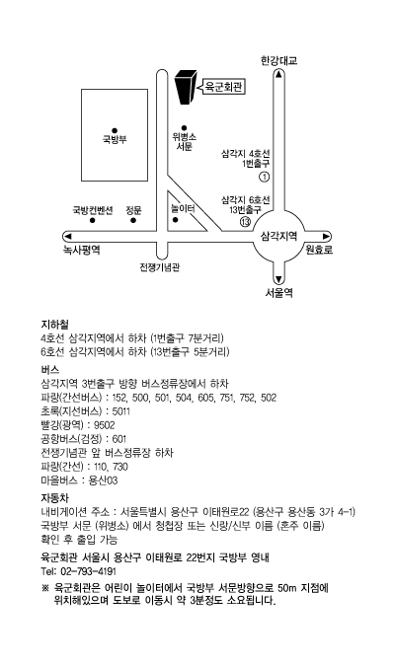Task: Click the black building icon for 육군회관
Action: click(186, 87)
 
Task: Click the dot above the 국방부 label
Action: click(115, 130)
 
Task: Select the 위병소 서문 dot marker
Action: click(184, 127)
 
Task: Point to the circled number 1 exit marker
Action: click(265, 177)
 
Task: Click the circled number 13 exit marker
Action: click(246, 221)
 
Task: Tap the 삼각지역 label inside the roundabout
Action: click(278, 236)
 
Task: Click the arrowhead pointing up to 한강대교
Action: click(278, 74)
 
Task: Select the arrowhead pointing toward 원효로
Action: click(326, 236)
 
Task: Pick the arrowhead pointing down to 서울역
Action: click(278, 279)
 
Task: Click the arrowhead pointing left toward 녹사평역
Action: click(67, 236)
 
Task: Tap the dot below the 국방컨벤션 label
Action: click(92, 220)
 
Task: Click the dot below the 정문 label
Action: click(133, 220)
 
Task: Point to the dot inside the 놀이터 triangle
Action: click(175, 220)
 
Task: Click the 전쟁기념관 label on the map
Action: click(160, 267)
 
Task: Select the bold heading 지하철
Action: click(54, 325)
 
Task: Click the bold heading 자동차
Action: click(54, 497)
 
